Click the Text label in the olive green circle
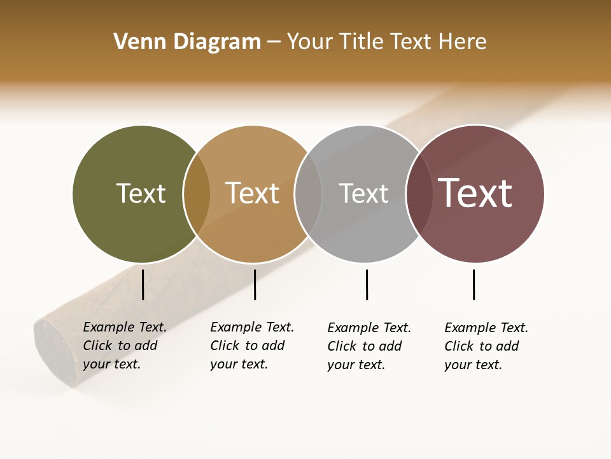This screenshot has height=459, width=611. click(x=141, y=193)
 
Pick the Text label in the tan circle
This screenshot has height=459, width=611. click(x=252, y=193)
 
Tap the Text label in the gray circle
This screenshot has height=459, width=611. click(x=363, y=193)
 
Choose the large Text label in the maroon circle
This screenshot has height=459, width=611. click(x=475, y=193)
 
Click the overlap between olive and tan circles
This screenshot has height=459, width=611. click(x=197, y=194)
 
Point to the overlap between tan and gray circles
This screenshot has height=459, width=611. click(x=308, y=194)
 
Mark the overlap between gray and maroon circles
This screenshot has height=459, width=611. click(x=419, y=194)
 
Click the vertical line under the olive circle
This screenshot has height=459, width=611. click(x=143, y=284)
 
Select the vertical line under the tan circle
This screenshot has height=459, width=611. click(x=255, y=284)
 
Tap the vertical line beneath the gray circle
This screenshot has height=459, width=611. click(x=367, y=284)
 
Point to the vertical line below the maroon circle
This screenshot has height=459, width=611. click(x=474, y=284)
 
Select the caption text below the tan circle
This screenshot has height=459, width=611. click(x=251, y=346)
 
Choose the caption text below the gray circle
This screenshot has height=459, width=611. click(x=369, y=346)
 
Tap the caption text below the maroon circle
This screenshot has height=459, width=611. click(x=486, y=346)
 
